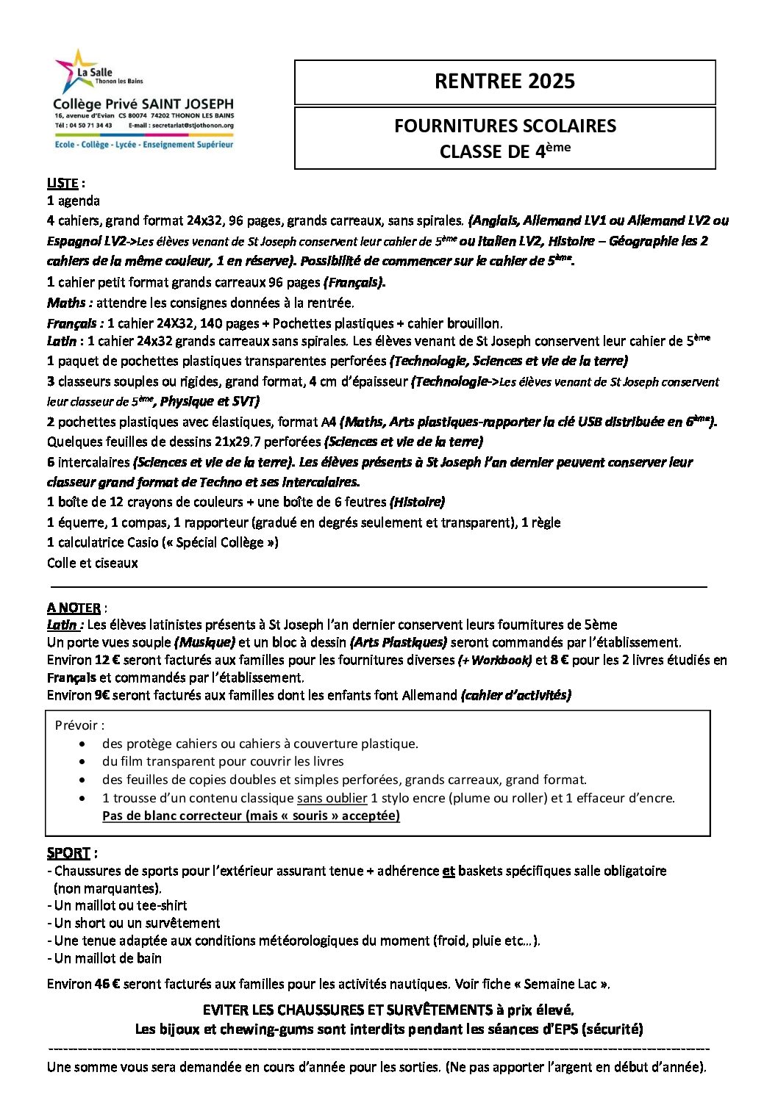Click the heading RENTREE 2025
(504, 81)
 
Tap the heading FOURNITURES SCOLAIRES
(504, 126)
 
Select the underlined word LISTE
(63, 183)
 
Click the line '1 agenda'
(74, 201)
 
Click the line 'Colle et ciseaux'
(92, 563)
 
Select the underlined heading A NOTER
(74, 608)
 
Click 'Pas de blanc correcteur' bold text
(171, 815)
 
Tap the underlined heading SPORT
(68, 853)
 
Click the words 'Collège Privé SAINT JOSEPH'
(143, 105)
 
